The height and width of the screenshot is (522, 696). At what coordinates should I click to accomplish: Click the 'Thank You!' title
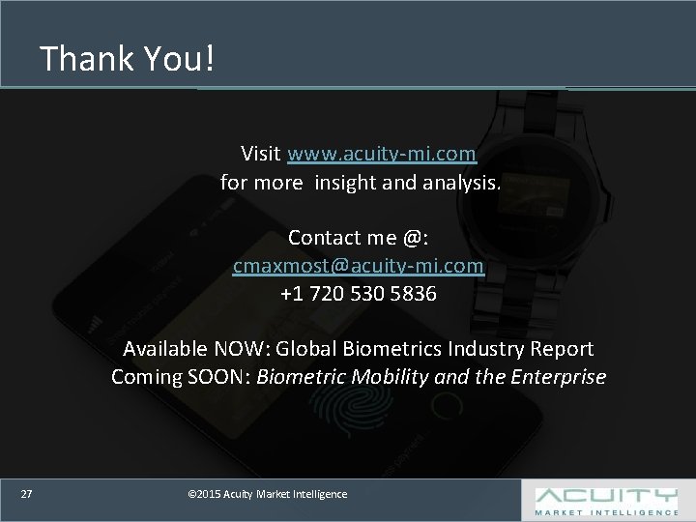(127, 58)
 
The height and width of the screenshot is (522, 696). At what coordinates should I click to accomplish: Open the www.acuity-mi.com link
(382, 154)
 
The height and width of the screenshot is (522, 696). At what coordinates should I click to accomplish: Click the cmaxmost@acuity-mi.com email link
(359, 266)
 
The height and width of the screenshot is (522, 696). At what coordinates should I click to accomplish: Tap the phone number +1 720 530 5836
(359, 294)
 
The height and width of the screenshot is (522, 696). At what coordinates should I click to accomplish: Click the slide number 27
(27, 494)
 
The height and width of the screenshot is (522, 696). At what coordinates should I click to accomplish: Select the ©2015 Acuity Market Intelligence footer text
(268, 494)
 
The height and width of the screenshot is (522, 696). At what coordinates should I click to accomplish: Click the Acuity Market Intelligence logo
(606, 502)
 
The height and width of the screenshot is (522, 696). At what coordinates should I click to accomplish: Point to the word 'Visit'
(261, 154)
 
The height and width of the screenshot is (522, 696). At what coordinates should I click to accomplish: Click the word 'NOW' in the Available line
(240, 349)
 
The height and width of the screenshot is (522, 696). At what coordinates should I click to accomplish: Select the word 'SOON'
(216, 377)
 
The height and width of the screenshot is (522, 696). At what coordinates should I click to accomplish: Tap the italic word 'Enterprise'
(559, 377)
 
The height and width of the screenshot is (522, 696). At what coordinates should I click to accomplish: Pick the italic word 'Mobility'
(390, 377)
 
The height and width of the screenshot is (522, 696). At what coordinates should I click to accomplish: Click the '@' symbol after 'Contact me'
(413, 238)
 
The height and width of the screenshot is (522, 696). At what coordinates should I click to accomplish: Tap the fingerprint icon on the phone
(350, 404)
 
